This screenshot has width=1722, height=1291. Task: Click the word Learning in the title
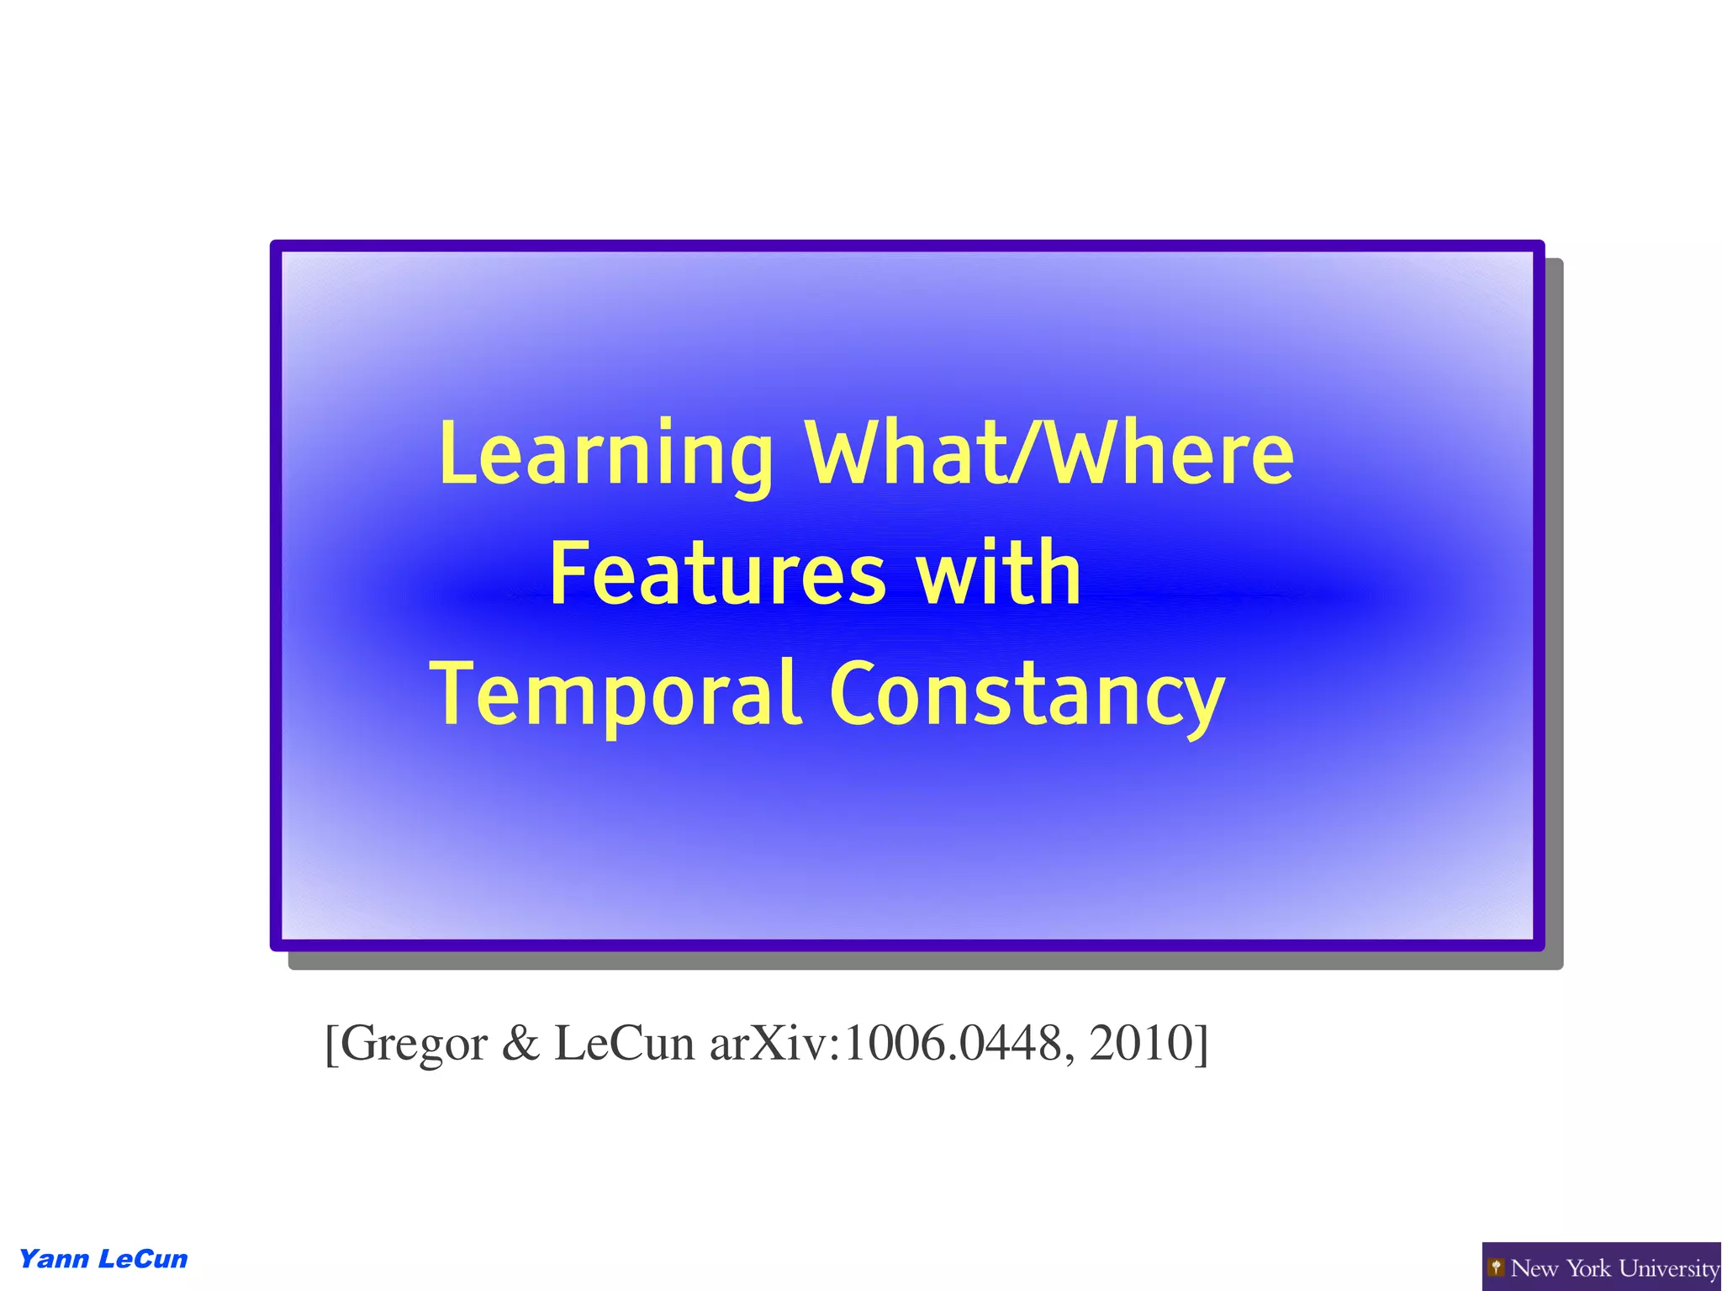605,455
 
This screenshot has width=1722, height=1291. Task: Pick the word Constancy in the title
1027,695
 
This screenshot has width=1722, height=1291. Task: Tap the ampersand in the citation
520,1044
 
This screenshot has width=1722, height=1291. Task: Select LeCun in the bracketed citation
624,1044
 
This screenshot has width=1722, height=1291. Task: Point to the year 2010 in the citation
1141,1044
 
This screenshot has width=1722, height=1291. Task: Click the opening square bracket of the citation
331,1045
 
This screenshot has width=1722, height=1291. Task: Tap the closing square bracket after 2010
1202,1045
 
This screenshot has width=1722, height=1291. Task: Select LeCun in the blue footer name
143,1259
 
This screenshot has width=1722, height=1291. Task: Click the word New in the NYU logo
1534,1267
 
